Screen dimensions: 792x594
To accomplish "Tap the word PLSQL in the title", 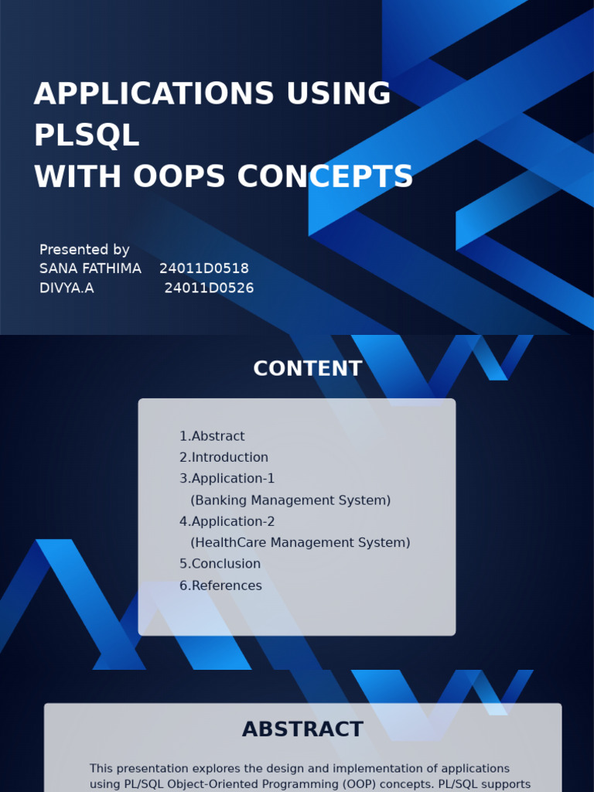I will tap(87, 135).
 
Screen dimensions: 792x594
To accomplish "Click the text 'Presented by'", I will tap(84, 250).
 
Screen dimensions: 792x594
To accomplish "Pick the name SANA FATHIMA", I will tap(90, 268).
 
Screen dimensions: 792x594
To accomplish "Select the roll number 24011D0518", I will tap(204, 268).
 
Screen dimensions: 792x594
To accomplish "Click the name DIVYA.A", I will tap(67, 288).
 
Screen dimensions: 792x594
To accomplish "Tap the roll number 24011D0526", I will tap(209, 288).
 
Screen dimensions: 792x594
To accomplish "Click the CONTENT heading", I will tap(307, 369).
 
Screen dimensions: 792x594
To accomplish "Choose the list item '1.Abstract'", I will tap(212, 436).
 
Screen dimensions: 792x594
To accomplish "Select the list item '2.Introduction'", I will tap(224, 457).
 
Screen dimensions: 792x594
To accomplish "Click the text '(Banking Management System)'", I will tap(290, 500).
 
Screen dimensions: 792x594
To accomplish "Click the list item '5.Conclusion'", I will tap(220, 564).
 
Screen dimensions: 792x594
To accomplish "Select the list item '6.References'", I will tap(220, 585).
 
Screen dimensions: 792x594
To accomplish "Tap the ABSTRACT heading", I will tap(302, 729).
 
